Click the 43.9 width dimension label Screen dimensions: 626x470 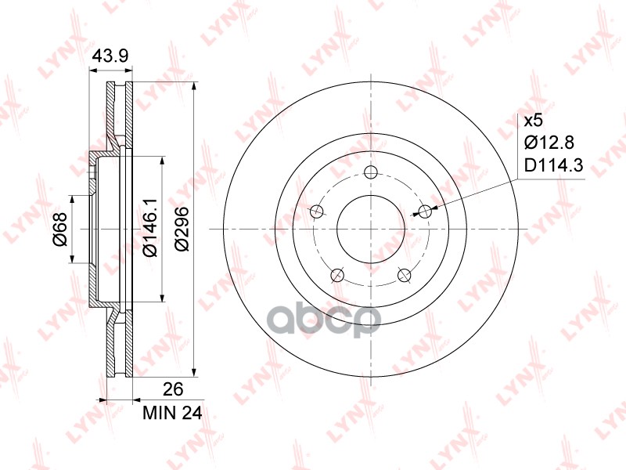[110, 56]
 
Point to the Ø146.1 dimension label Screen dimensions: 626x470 [151, 228]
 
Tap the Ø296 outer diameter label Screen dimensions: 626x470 [182, 229]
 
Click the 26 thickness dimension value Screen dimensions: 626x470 [173, 389]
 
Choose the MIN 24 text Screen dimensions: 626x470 [172, 414]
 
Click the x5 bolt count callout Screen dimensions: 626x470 [534, 121]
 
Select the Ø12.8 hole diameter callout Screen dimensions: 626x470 [549, 142]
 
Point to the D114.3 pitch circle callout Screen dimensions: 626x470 [553, 165]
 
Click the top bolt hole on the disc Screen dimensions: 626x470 [371, 172]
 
